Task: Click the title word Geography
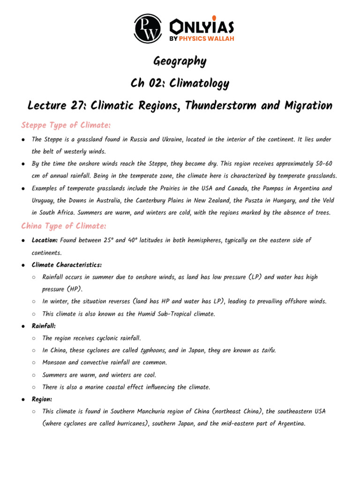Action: tap(180, 61)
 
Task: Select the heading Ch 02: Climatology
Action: tap(180, 83)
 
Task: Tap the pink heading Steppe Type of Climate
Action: tap(66, 125)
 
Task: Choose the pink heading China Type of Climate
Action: tap(63, 226)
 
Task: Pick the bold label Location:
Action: tap(45, 240)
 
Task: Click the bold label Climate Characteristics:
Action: tap(67, 265)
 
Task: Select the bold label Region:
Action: tap(42, 399)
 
